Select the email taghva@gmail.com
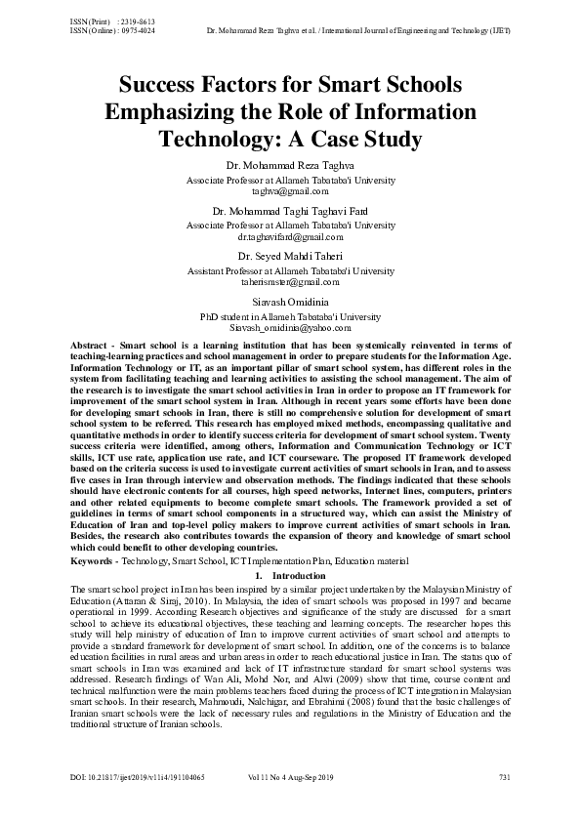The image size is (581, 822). tap(290, 193)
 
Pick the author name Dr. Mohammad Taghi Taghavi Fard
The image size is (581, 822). tap(290, 211)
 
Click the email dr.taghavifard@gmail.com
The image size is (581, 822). tap(290, 236)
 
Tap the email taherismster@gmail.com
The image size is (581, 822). tap(290, 281)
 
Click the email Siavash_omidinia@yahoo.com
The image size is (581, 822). tap(290, 328)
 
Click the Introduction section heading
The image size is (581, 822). tap(298, 576)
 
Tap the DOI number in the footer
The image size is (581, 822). tap(123, 804)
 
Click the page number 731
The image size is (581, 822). tap(504, 804)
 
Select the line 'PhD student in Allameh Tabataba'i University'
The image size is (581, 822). tap(290, 316)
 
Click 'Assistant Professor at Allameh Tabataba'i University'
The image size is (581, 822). tap(290, 270)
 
